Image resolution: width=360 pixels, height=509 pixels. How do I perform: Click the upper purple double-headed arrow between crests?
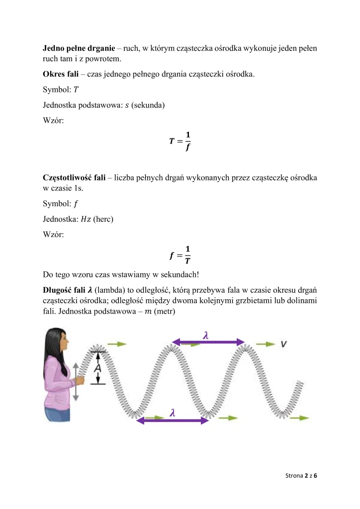[208, 342]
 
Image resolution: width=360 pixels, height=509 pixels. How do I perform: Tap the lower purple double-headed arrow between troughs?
[173, 421]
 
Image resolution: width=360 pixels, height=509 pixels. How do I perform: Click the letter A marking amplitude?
[98, 368]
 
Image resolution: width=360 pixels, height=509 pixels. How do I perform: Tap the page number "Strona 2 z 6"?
[301, 476]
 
